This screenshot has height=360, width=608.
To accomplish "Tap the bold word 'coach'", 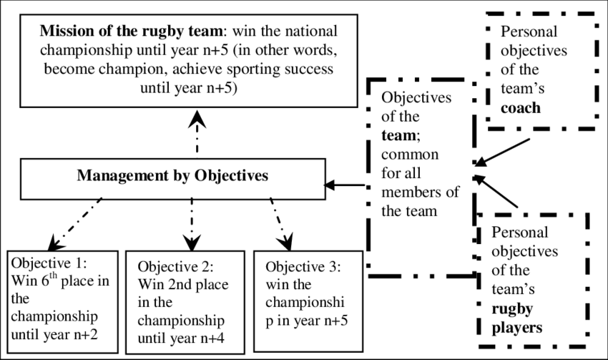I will click(521, 109).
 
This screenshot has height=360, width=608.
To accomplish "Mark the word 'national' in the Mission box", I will click(300, 33).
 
